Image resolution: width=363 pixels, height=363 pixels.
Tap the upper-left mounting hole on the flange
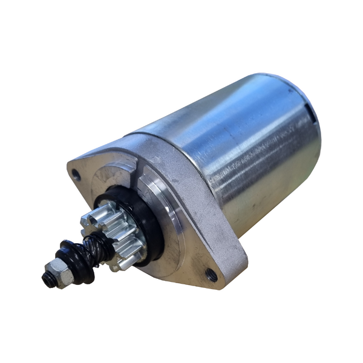[76, 175]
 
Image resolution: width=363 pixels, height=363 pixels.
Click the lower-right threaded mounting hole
[212, 276]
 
